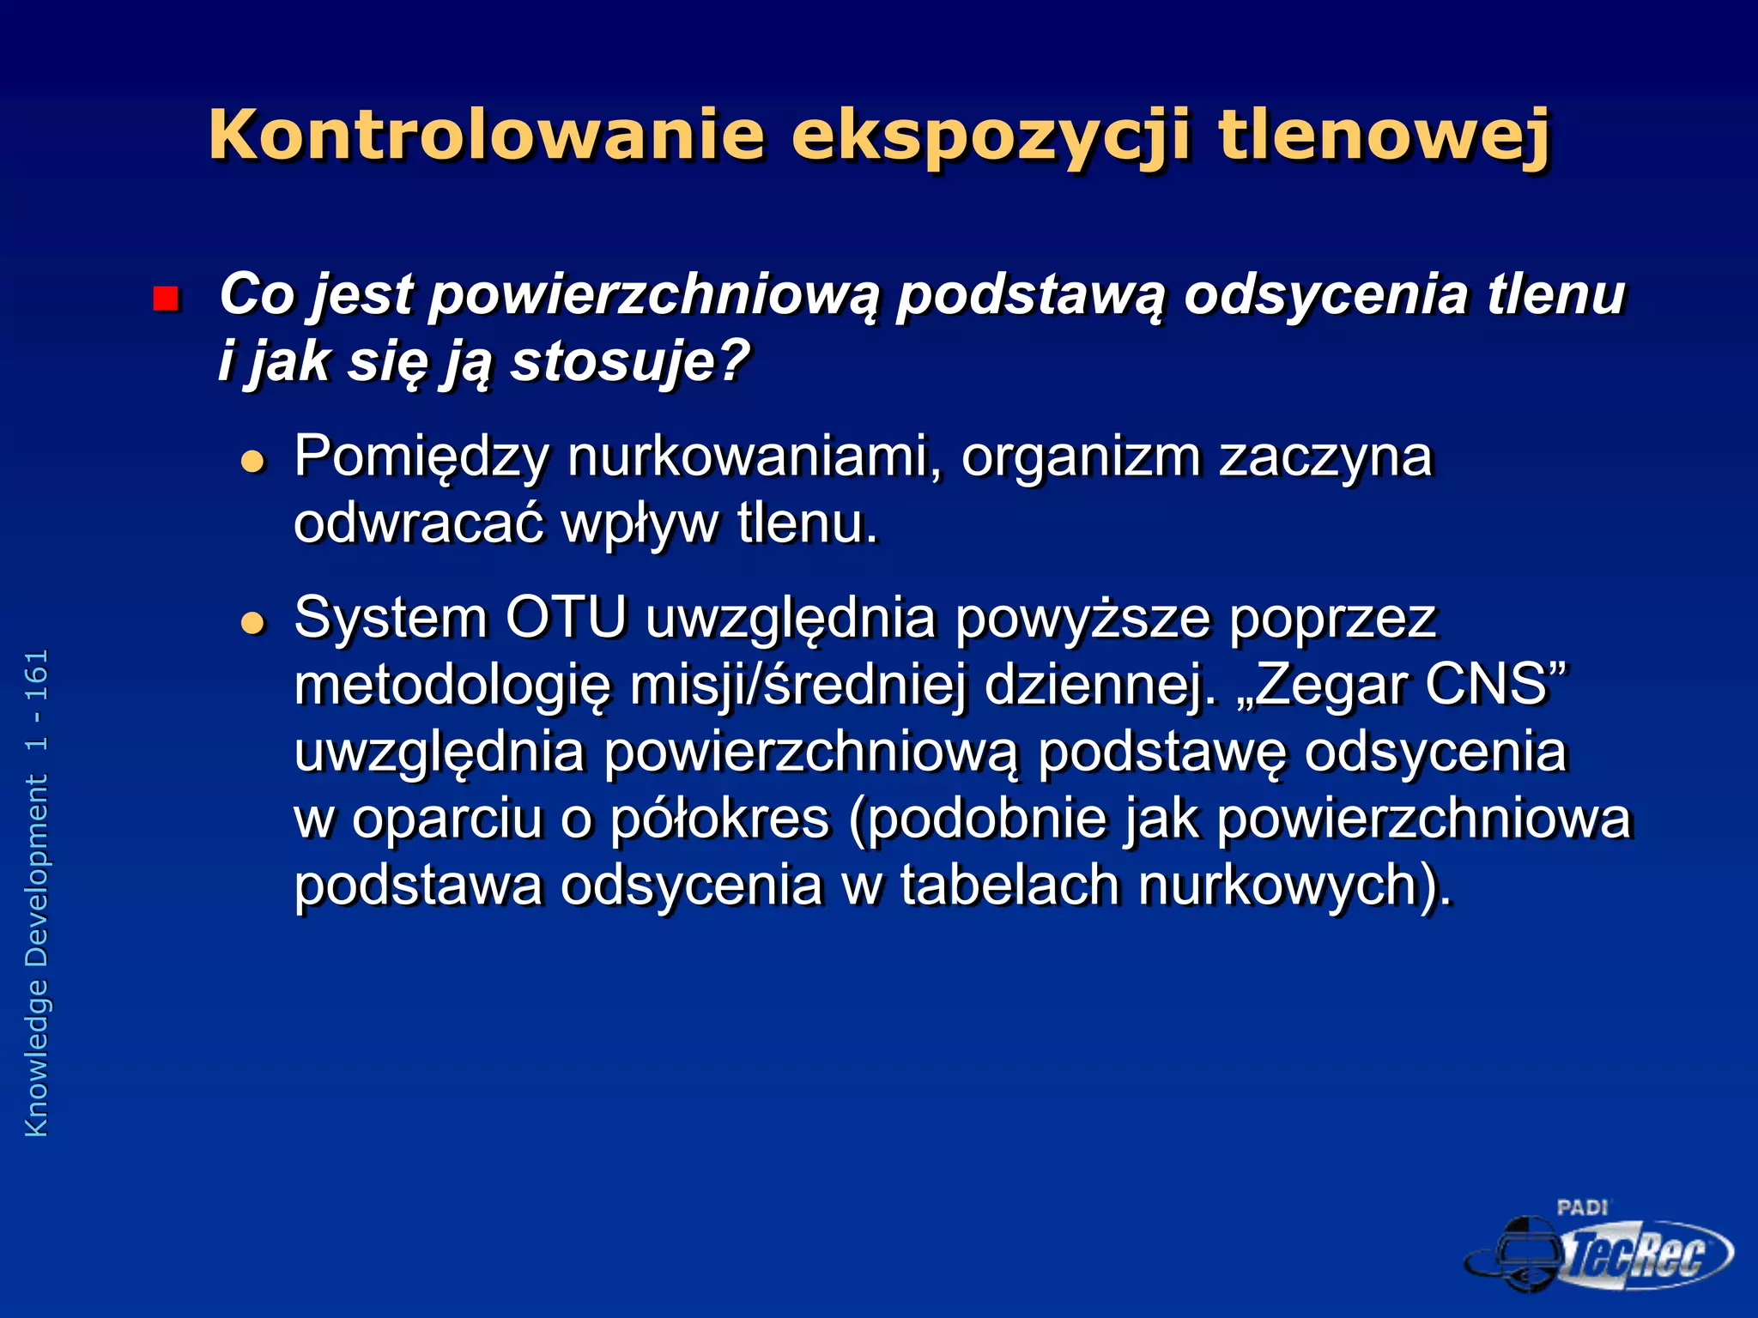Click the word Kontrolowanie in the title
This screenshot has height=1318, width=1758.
pos(486,135)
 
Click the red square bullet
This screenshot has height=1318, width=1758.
pos(165,299)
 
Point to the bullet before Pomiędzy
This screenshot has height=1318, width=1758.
pos(253,463)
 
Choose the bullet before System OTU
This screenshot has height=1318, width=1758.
pos(253,623)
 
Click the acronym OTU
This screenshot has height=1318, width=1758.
pos(566,617)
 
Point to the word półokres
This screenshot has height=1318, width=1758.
pos(719,819)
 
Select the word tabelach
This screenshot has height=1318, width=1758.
pos(1009,885)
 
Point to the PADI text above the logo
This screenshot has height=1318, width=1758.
pos(1582,1207)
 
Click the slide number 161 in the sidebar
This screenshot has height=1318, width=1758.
pos(37,675)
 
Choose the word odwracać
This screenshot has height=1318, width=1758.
pos(418,523)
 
